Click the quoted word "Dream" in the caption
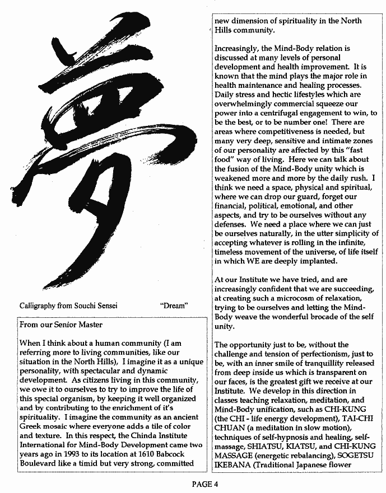pos(174,306)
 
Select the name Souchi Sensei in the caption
pos(94,306)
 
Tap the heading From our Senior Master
pos(61,325)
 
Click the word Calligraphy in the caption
pos(39,306)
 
